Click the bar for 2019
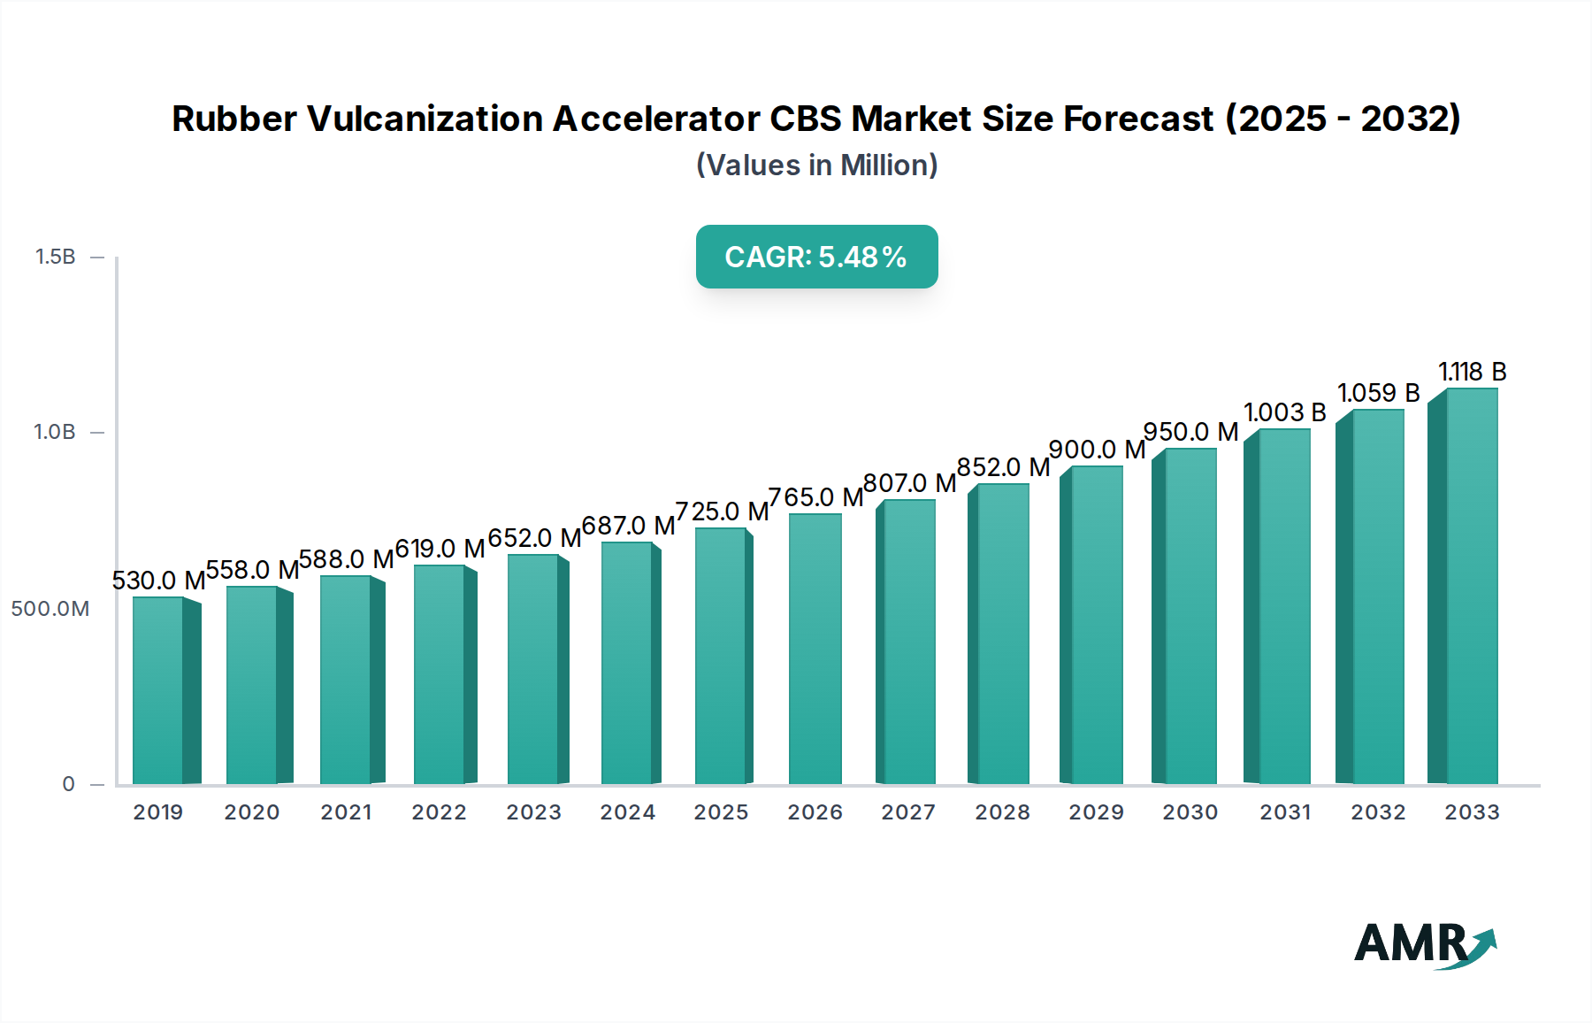click(158, 690)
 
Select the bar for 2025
click(721, 656)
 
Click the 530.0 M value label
click(158, 581)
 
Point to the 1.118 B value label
click(1472, 372)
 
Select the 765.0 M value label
click(815, 497)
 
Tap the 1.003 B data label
click(1284, 412)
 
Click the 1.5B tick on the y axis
click(56, 257)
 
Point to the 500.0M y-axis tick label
click(50, 609)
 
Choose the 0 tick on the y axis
click(68, 784)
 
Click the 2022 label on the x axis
click(439, 812)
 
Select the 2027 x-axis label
click(908, 812)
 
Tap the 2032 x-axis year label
click(1378, 812)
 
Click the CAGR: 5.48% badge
click(816, 257)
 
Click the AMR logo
click(1424, 943)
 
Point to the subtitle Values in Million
click(816, 165)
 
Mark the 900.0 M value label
click(1097, 450)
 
